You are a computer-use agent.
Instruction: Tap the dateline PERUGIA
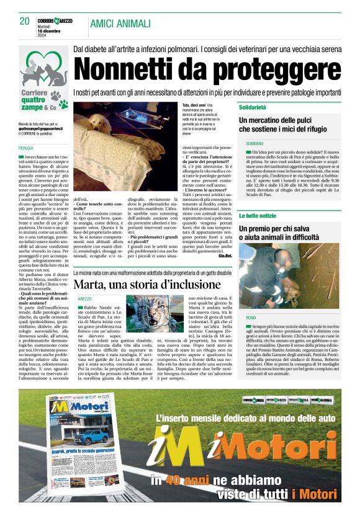(26, 149)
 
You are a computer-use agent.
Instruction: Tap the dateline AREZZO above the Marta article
(85, 299)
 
